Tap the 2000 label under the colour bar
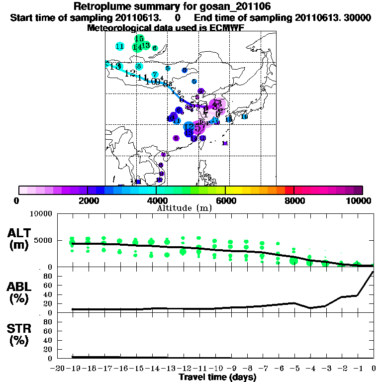[88, 200]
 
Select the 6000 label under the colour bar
[225, 200]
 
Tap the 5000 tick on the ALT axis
[42, 240]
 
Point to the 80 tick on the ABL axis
[47, 276]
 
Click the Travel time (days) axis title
[217, 378]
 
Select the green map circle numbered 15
[139, 39]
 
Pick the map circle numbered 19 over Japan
[244, 116]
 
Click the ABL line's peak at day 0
[373, 272]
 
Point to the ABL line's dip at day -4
[310, 308]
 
